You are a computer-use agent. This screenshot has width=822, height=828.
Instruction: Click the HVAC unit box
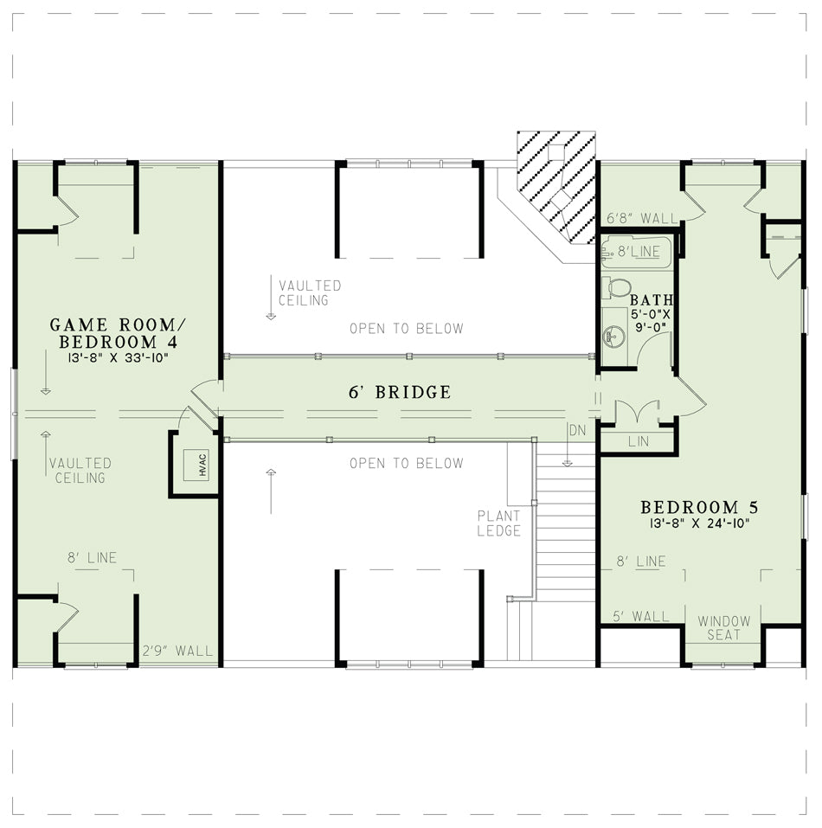point(196,465)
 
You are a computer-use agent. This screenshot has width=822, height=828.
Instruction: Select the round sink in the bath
point(614,336)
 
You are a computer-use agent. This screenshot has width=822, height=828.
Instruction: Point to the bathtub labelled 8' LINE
point(636,252)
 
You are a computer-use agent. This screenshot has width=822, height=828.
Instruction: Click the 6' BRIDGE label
point(400,392)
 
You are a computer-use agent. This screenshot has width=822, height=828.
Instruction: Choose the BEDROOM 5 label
point(699,507)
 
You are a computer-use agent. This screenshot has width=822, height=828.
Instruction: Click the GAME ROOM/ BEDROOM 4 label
point(118,333)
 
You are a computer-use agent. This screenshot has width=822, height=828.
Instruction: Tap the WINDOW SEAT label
point(724,628)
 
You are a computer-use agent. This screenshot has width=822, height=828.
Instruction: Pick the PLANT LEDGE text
point(499,523)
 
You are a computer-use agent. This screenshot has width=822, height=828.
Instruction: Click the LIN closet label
point(639,441)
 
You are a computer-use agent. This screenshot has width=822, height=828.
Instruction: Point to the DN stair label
point(577,430)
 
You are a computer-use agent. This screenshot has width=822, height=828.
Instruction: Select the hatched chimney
point(556,187)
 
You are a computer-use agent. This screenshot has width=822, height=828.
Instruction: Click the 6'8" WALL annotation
point(641,218)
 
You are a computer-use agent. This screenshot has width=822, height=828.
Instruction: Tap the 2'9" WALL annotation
point(177,651)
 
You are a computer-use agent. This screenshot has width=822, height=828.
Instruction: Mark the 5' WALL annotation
point(641,616)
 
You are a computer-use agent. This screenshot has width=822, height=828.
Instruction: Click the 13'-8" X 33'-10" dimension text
point(118,358)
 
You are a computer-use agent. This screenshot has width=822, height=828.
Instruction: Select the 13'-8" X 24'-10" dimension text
point(699,523)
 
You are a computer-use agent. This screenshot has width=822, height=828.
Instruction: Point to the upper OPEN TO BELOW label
point(407,329)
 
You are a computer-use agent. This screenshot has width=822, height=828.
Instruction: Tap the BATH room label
point(651,300)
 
